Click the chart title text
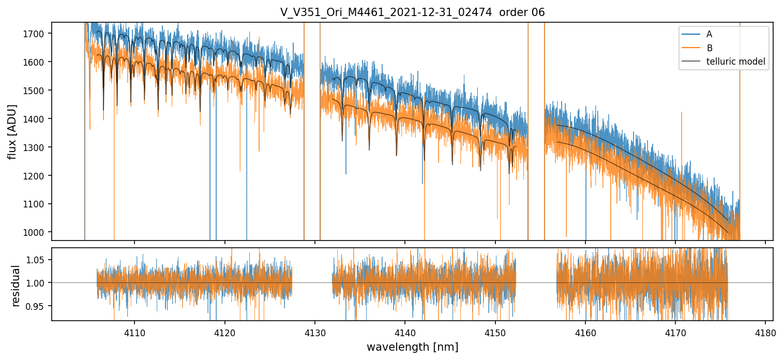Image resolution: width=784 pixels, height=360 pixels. [412, 12]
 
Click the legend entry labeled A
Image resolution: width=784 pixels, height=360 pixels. [709, 34]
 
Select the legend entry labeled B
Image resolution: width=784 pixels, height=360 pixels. [709, 48]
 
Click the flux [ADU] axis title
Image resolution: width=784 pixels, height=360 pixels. [12, 131]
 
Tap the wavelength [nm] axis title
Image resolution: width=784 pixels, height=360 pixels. [412, 347]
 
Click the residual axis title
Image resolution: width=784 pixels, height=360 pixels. [16, 286]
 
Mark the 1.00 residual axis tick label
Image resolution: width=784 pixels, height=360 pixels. [39, 283]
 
